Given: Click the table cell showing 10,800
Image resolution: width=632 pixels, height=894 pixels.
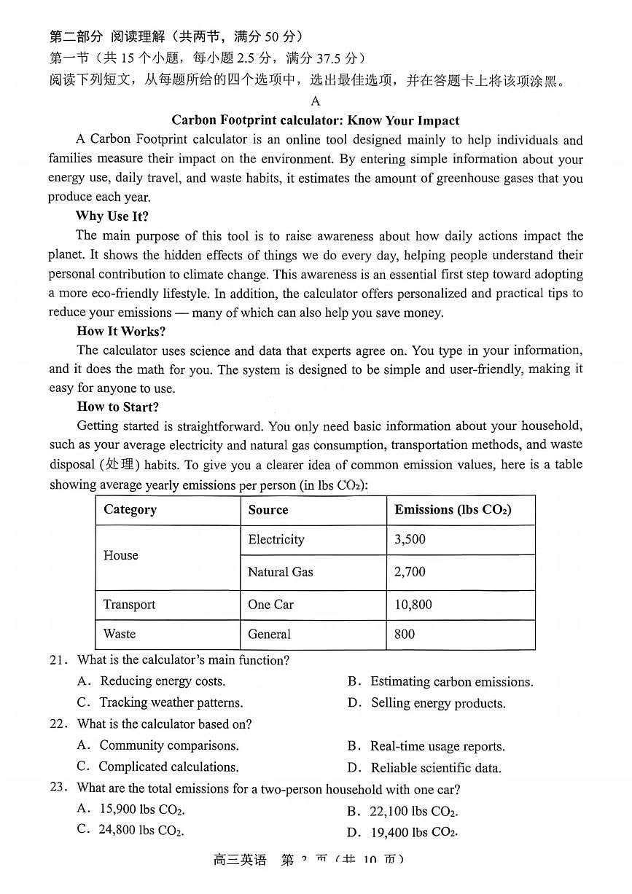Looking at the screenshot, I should pos(413,605).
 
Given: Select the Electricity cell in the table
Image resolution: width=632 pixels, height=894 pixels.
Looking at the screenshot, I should pos(276,540).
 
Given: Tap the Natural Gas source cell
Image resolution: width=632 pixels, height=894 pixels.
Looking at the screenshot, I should pos(281,573).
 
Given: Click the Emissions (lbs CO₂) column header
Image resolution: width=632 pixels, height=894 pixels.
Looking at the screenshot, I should pos(453,510).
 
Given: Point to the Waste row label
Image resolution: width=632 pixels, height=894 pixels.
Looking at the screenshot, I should pos(120,634).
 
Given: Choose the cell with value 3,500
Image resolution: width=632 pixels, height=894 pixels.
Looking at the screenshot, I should pos(410,540).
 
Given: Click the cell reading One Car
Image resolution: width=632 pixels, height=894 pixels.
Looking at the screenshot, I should pos(270,605).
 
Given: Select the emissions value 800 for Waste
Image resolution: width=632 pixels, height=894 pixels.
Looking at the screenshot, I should pos(405,634).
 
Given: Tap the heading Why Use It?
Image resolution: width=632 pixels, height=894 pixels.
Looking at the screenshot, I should pos(112,216).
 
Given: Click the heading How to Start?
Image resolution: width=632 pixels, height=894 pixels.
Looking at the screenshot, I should pos(117,407).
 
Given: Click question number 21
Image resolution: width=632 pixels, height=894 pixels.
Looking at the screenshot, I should pos(58,661).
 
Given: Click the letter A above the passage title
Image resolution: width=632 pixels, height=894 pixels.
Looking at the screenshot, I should pos(315,101).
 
